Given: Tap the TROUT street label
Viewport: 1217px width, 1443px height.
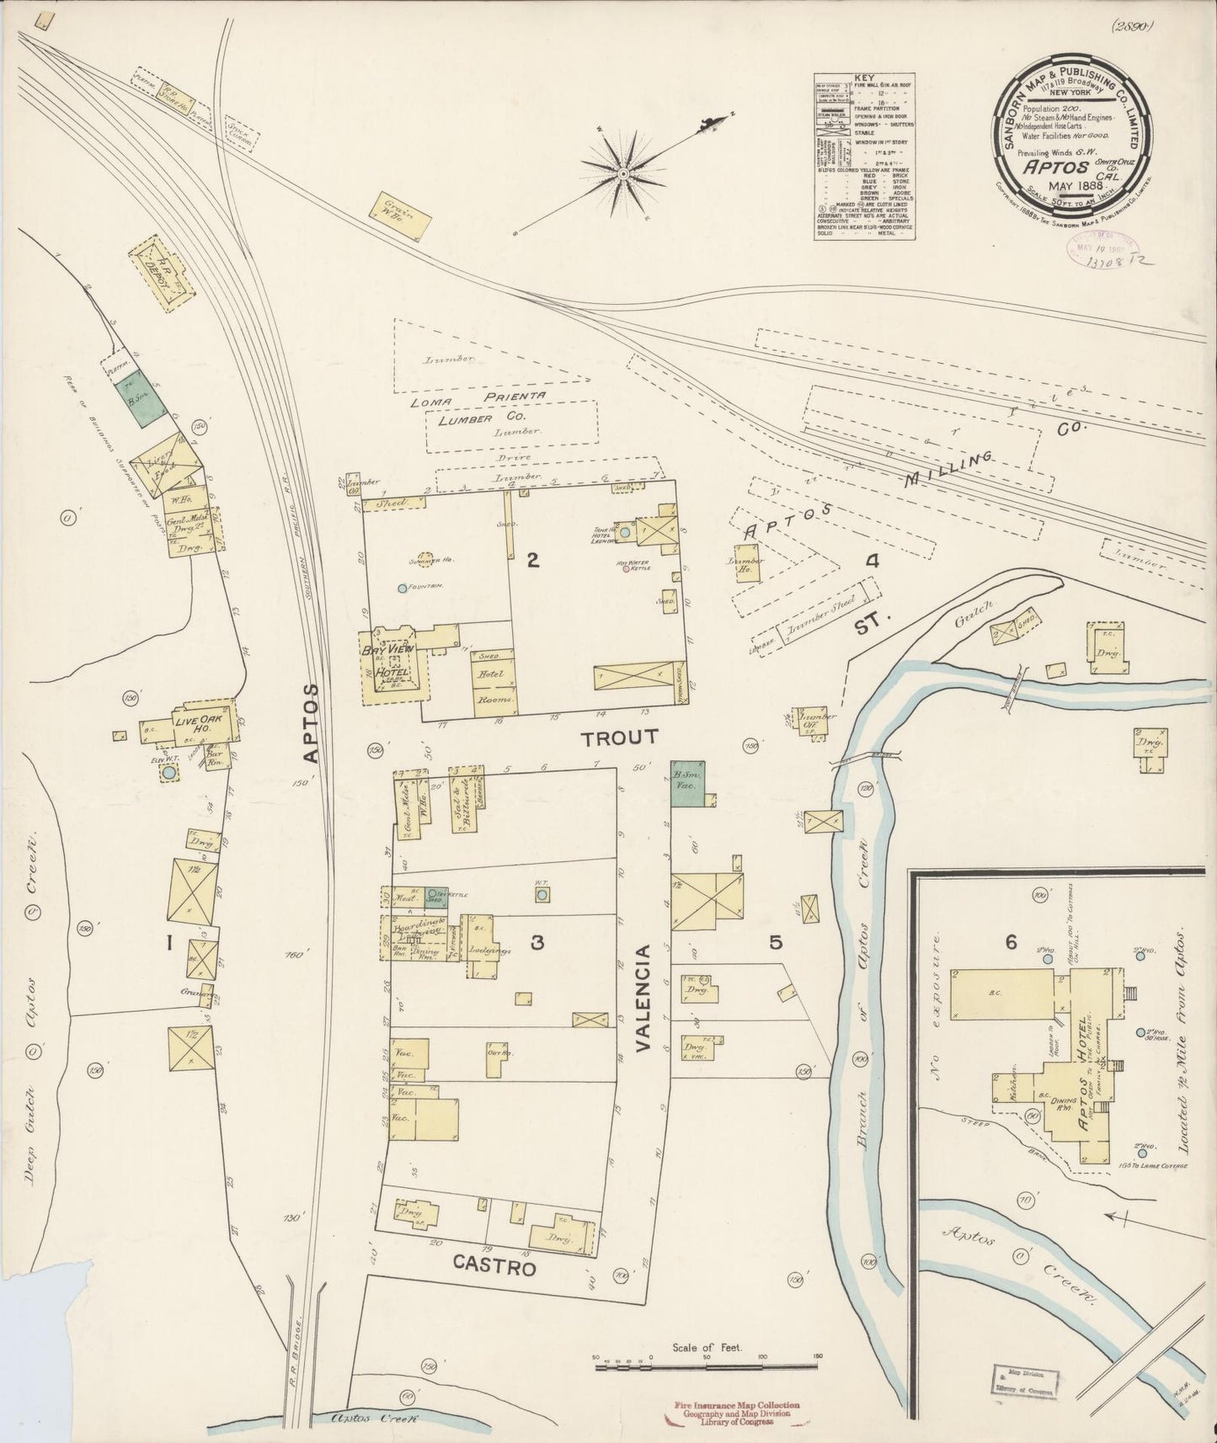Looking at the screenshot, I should pyautogui.click(x=619, y=738).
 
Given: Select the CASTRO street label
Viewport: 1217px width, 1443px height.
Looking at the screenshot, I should pyautogui.click(x=494, y=1265).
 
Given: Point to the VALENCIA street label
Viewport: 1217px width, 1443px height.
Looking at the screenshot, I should pyautogui.click(x=644, y=998).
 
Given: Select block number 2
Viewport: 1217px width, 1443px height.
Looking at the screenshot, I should pyautogui.click(x=532, y=560).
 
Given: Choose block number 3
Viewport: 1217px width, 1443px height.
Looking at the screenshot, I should pyautogui.click(x=536, y=943).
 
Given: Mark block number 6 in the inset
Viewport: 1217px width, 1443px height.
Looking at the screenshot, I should pyautogui.click(x=1011, y=942).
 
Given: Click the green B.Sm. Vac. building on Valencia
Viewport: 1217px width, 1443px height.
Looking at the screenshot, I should pyautogui.click(x=686, y=783).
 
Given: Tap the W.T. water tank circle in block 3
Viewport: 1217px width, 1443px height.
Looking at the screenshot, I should pyautogui.click(x=542, y=894).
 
